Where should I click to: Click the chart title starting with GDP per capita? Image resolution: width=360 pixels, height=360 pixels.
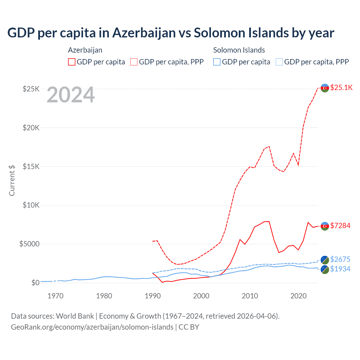coord(171,33)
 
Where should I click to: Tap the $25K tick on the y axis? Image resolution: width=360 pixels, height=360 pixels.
coord(31,89)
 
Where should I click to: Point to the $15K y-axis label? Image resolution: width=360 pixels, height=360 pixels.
coord(31,166)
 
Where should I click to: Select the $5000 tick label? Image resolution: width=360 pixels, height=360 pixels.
coord(30,244)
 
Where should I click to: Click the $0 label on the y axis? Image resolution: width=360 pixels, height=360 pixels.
coord(35,283)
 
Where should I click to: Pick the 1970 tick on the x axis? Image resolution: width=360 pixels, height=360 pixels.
coord(55,296)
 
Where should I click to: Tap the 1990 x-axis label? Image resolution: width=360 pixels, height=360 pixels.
coord(153,296)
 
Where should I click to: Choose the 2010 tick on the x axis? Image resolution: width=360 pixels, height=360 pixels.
coord(250,296)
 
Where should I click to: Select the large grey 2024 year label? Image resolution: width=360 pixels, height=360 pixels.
coord(71,95)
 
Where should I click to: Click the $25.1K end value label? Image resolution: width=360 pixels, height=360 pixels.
coord(341,88)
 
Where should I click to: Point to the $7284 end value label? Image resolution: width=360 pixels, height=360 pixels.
coord(340,226)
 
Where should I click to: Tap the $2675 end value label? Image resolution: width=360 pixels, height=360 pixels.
coord(340,259)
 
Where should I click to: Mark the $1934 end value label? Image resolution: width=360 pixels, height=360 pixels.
coord(340,269)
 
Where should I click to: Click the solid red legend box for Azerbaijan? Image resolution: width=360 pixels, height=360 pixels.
coord(72,62)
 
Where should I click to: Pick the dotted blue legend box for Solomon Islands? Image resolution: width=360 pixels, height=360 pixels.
coord(279,62)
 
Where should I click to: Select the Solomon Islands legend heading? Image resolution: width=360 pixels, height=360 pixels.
coord(239,50)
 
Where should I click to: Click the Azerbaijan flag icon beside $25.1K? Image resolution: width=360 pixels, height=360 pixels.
coord(325,88)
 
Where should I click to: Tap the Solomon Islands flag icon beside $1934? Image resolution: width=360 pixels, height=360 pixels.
coord(325,269)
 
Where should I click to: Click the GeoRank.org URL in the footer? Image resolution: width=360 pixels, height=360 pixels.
coord(92,327)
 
